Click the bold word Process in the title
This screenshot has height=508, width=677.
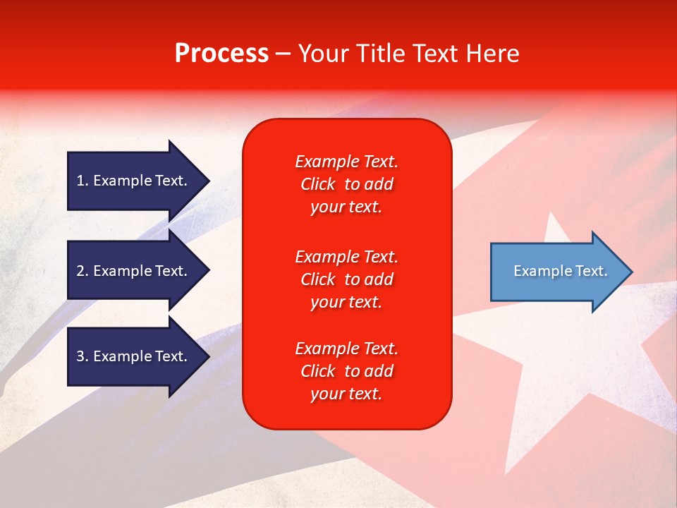tap(221, 54)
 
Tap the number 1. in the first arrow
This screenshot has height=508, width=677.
tap(83, 181)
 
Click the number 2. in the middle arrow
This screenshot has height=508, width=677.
tap(83, 271)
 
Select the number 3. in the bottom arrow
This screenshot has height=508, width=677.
tap(83, 356)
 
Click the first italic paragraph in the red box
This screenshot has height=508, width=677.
tap(346, 184)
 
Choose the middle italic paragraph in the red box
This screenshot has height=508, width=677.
tap(346, 279)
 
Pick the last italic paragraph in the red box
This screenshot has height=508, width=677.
tap(346, 371)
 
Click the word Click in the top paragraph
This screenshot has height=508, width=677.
tap(318, 184)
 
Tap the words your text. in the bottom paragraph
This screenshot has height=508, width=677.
tap(346, 394)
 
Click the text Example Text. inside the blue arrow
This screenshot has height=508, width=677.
tap(561, 271)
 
